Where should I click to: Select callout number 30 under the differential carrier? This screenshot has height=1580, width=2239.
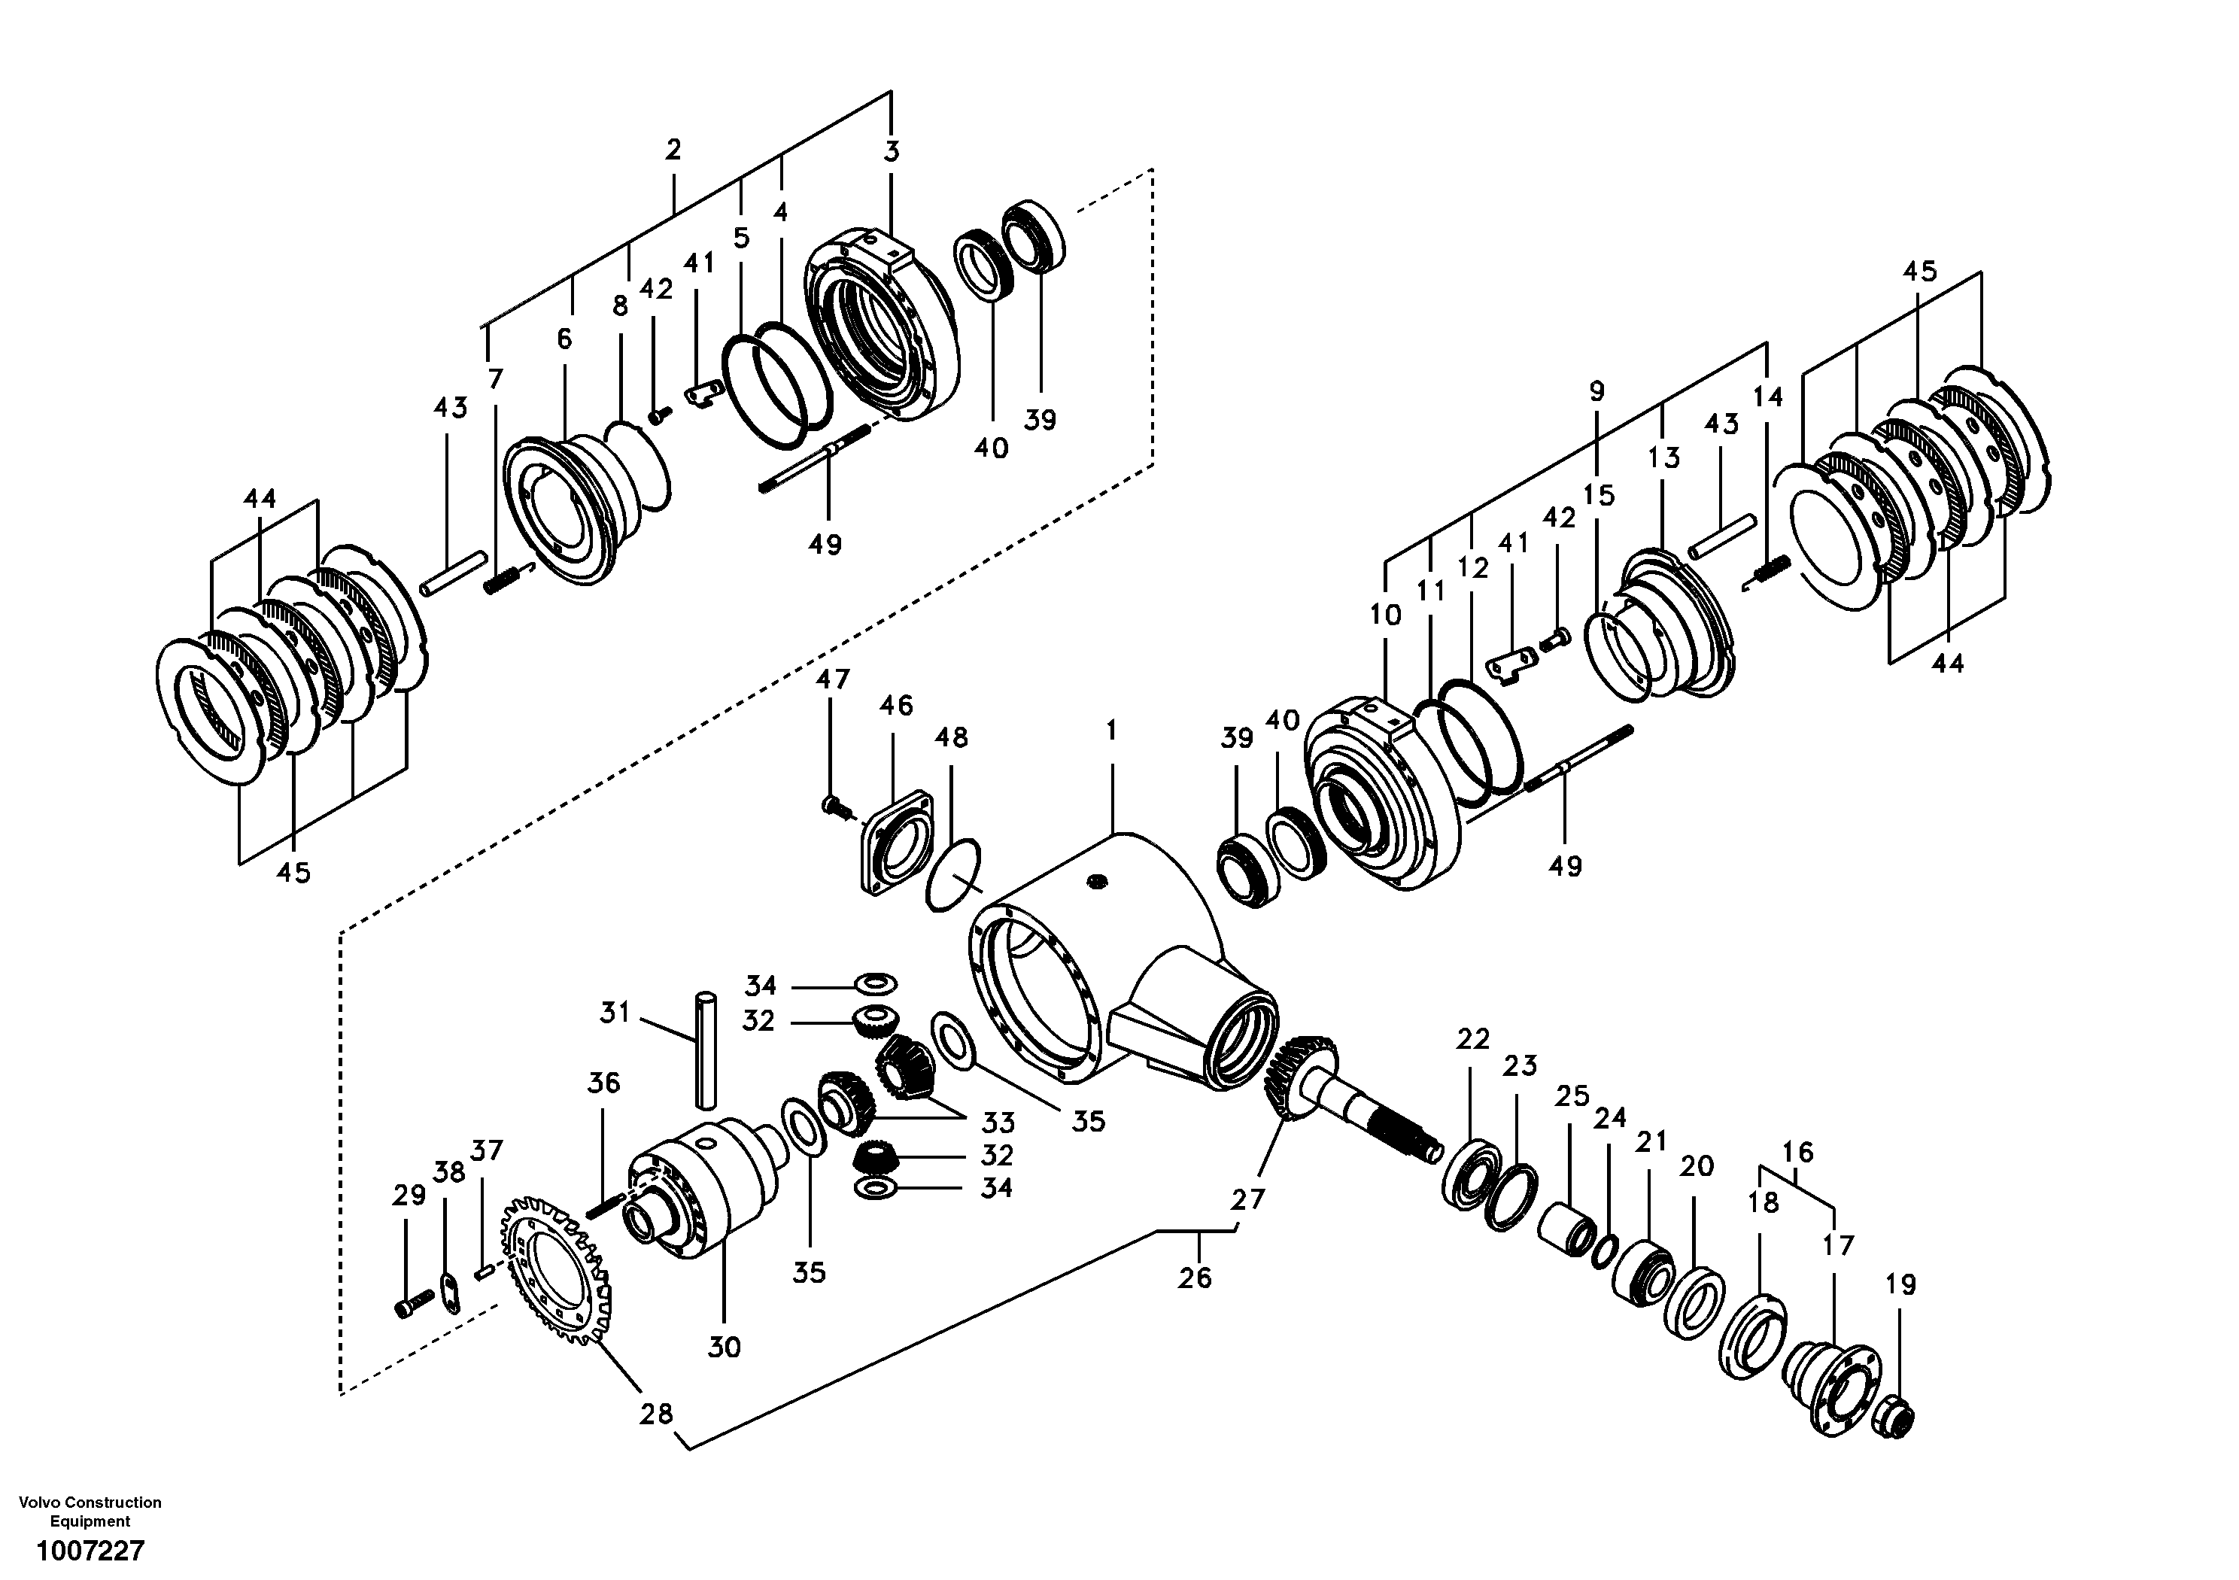coord(724,1347)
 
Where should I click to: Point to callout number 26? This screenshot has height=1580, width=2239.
coord(1195,1277)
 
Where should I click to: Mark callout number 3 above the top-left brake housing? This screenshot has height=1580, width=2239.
coord(892,151)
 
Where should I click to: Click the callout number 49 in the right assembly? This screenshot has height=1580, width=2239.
coord(1565,866)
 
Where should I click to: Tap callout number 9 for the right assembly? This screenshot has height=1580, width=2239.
coord(1596,392)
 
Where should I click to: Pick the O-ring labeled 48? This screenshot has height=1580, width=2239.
coord(952,876)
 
